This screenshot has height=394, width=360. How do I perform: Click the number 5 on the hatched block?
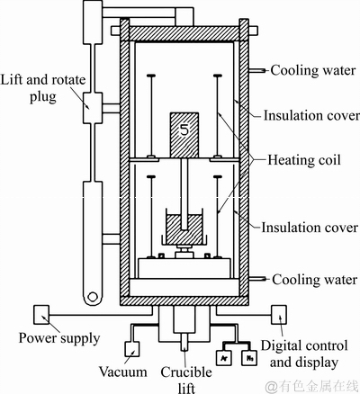click(x=184, y=130)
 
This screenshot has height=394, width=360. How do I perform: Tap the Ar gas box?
click(x=225, y=357)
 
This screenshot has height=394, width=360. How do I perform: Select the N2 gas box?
click(x=249, y=357)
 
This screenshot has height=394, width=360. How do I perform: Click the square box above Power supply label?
click(x=41, y=315)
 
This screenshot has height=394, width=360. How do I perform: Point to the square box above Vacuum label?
click(x=131, y=349)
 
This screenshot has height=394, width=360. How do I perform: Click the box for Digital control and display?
click(x=279, y=315)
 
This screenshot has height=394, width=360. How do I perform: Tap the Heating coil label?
click(x=304, y=160)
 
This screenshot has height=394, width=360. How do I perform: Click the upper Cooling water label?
click(x=313, y=70)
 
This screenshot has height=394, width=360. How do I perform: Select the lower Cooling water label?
click(x=315, y=280)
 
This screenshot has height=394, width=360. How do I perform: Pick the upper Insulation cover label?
click(x=311, y=115)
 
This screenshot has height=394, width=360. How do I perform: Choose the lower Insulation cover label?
click(x=310, y=228)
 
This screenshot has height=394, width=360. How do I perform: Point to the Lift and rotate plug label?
click(x=43, y=88)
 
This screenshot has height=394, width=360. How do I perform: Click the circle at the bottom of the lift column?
click(x=93, y=297)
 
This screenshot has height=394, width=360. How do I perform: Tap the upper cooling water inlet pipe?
click(x=257, y=71)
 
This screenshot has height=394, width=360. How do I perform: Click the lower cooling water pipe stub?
click(x=257, y=279)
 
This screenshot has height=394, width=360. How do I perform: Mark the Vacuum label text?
click(x=123, y=372)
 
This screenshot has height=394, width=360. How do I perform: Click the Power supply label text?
click(x=59, y=338)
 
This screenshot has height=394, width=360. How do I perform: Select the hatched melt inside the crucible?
click(x=184, y=229)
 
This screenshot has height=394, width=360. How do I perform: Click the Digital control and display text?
click(x=304, y=354)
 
